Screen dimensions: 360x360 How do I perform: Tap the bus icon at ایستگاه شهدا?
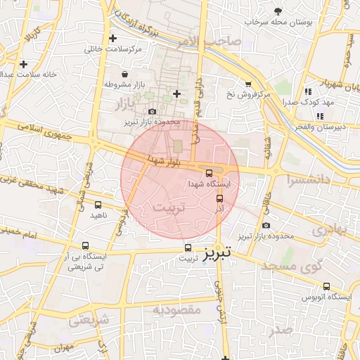point(209,173)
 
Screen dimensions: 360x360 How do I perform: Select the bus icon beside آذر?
point(219,199)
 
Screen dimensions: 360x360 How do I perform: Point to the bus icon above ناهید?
point(98,205)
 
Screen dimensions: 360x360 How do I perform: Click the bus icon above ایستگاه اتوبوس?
point(326,286)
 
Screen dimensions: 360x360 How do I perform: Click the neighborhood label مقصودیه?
point(177,309)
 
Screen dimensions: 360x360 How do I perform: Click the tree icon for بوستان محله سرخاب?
point(279,11)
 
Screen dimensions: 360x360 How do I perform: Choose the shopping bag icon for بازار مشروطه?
point(124,74)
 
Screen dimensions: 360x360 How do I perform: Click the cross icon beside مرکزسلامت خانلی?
point(112,38)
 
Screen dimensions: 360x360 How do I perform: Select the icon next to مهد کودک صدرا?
point(308,91)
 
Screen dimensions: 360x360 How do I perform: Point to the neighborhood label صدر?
point(281,330)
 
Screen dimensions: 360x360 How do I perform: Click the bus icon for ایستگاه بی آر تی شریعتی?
point(85,246)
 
